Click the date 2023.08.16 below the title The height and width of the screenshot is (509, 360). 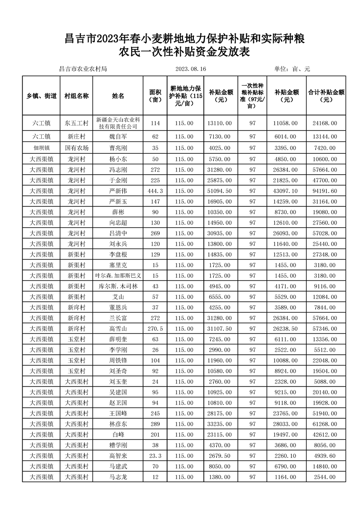tap(190, 69)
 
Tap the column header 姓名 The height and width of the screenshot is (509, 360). tap(118, 96)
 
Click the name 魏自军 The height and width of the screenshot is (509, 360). tap(118, 136)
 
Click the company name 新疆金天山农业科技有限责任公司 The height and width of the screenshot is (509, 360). tap(118, 123)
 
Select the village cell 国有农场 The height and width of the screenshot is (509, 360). tap(76, 147)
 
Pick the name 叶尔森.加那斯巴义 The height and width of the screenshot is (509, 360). tap(118, 275)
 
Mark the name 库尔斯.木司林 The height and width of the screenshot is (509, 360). tap(118, 286)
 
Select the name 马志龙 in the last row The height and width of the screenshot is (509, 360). tap(118, 477)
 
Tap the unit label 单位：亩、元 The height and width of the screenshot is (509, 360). tap(292, 69)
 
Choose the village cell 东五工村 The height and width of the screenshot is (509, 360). tap(76, 123)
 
